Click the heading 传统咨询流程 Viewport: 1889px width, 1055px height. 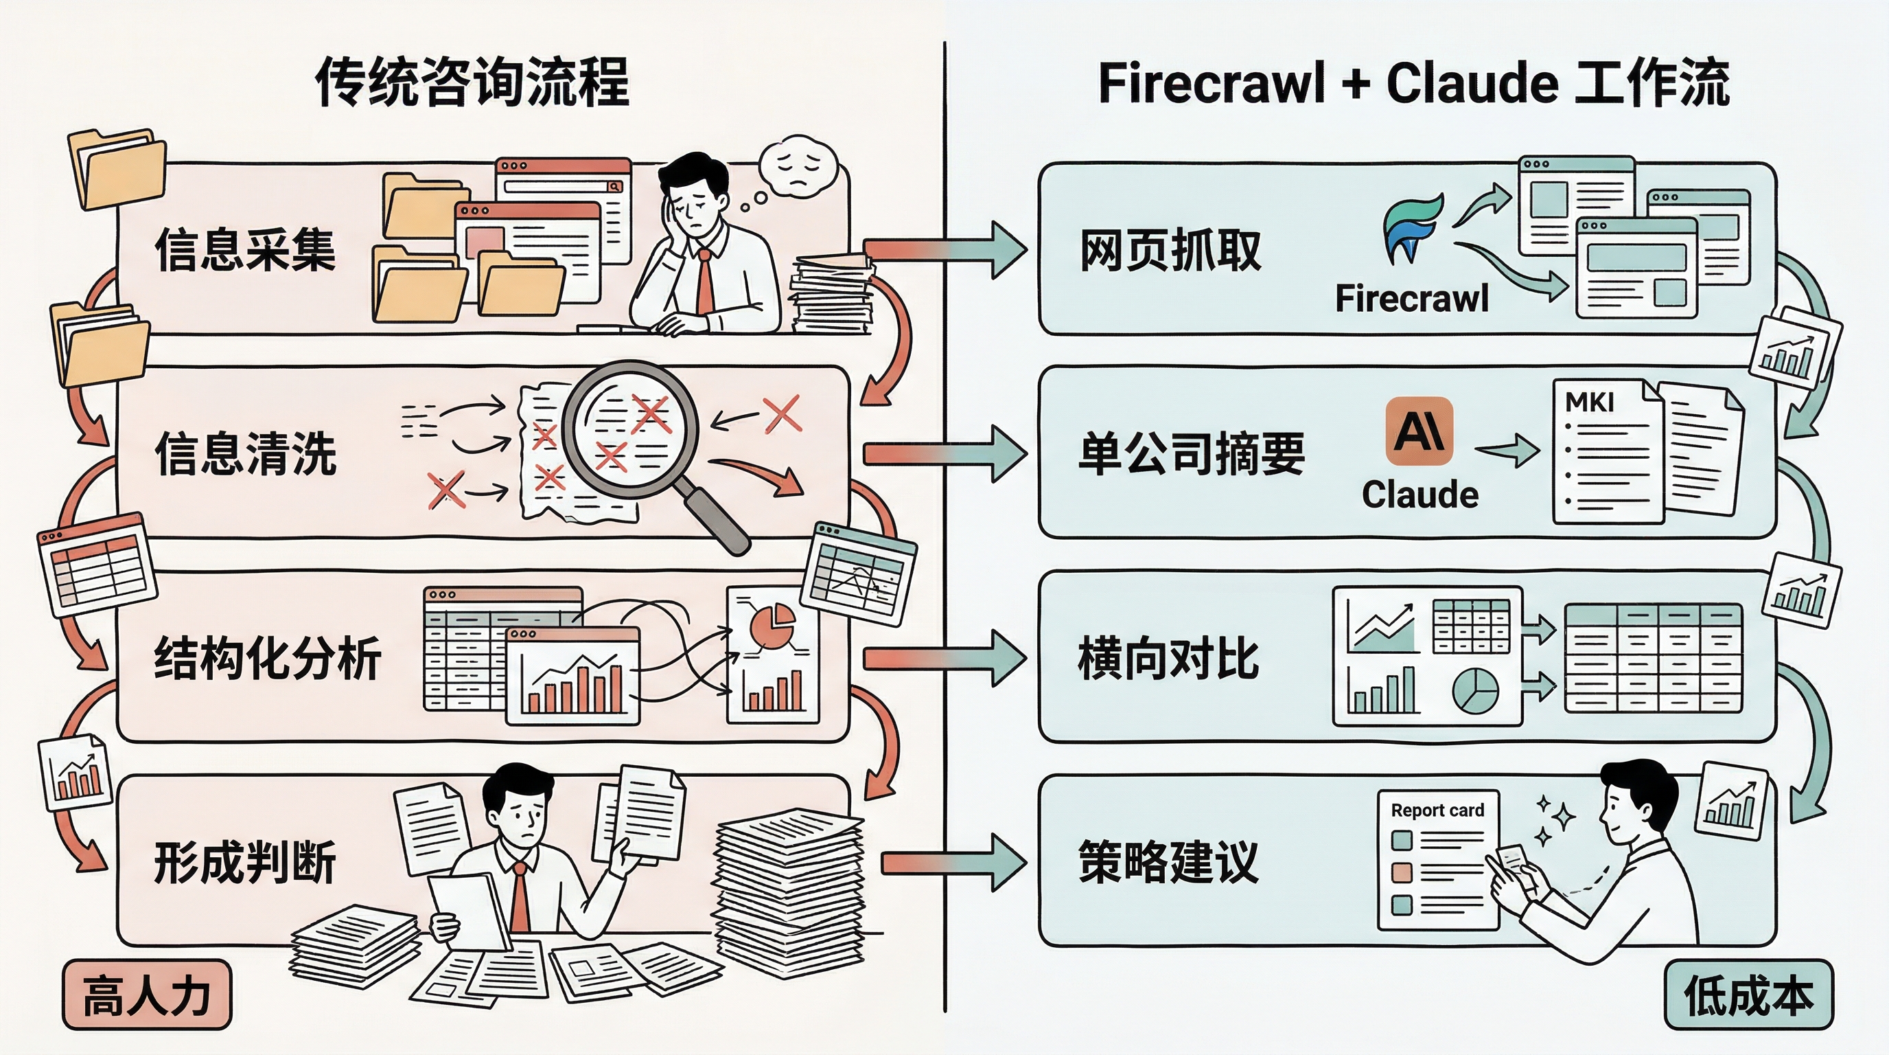[x=472, y=82]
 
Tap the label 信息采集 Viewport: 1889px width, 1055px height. [x=245, y=250]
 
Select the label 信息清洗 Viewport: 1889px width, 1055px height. [x=245, y=453]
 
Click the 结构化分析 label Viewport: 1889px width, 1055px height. [x=268, y=657]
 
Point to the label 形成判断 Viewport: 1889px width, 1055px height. [x=245, y=861]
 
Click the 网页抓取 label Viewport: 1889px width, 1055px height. [x=1170, y=250]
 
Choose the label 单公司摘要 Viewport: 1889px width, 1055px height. [x=1192, y=453]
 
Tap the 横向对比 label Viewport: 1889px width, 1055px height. [x=1168, y=657]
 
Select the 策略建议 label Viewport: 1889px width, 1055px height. [x=1168, y=861]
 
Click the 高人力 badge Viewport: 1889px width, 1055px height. [x=147, y=995]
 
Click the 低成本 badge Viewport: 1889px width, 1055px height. [x=1748, y=995]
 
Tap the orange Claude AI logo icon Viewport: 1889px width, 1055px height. [x=1419, y=431]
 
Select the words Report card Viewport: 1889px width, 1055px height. [x=1437, y=810]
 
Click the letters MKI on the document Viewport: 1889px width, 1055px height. [x=1589, y=402]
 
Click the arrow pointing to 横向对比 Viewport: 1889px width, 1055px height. [x=946, y=659]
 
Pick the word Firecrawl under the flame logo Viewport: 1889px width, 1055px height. [x=1412, y=299]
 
